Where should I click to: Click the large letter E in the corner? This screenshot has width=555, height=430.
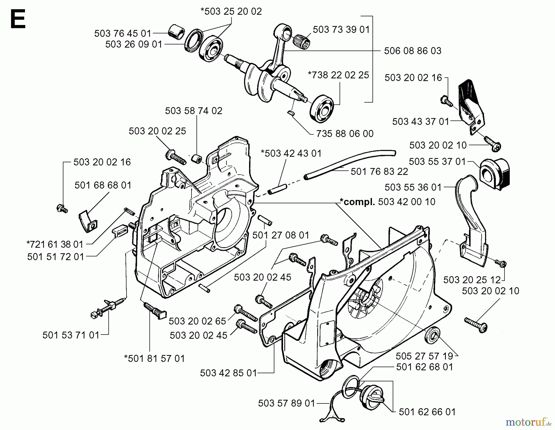18,19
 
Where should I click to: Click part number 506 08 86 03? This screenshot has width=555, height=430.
412,51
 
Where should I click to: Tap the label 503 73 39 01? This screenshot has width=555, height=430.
341,30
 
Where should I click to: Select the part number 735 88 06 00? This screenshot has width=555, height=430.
344,134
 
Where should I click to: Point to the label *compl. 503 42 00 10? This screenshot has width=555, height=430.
387,202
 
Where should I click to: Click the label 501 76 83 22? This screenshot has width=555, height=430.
379,172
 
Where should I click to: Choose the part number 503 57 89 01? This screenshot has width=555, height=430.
286,403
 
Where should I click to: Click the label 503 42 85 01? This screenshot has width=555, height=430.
228,373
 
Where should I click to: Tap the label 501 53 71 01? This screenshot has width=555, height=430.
71,335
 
